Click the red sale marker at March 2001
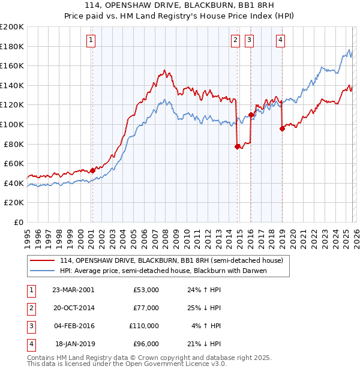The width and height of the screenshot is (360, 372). coord(92,170)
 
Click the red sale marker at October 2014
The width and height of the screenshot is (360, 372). coord(237,146)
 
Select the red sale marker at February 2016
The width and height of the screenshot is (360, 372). coord(251,115)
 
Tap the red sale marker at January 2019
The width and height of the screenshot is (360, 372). coord(282,128)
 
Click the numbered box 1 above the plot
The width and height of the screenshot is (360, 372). coord(91,40)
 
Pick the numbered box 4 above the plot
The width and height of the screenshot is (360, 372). coord(280,40)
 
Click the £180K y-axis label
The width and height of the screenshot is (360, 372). coord(12,46)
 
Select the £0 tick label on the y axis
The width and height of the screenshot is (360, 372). coord(18,222)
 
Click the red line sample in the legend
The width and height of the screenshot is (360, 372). coord(42,260)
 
